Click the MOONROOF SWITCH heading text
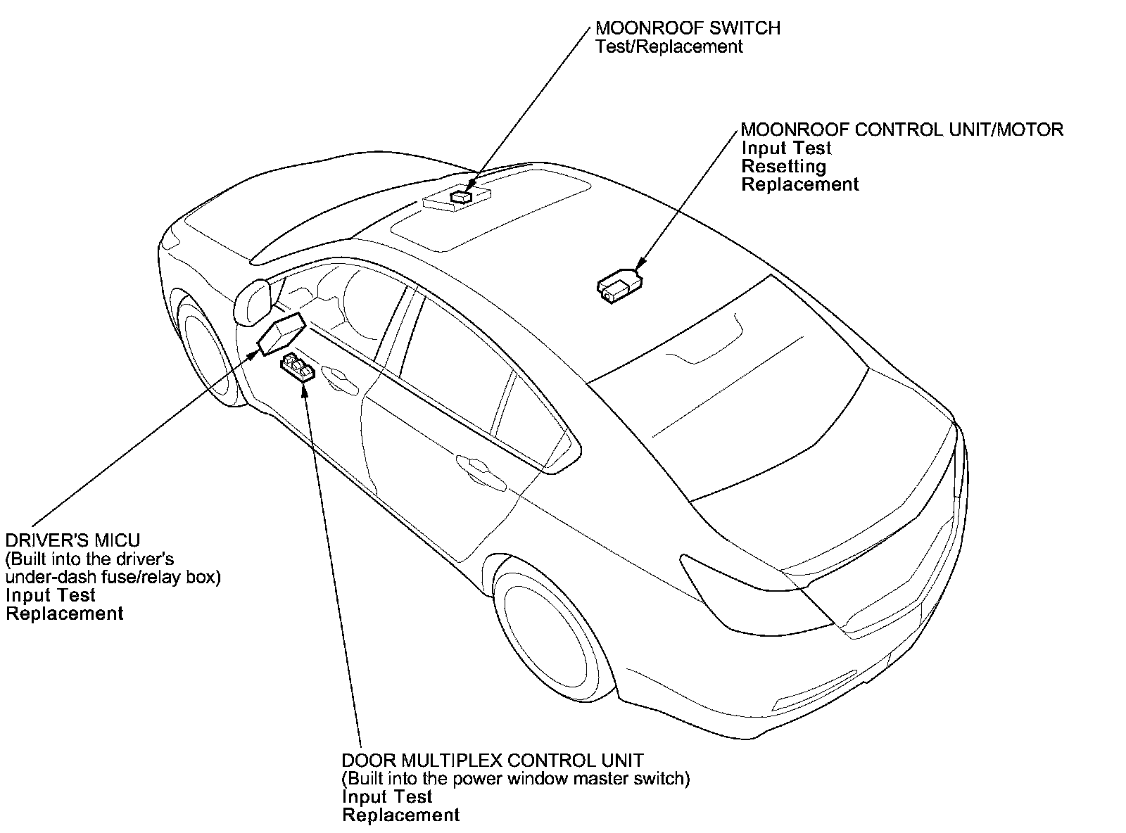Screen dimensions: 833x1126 coord(688,29)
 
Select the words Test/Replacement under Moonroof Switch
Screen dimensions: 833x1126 coord(669,47)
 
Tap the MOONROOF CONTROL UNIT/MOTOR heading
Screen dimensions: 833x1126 coord(902,129)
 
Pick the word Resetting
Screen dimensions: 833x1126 coord(783,167)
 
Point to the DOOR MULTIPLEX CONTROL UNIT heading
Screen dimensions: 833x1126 coord(492,761)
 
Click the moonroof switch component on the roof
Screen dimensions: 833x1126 coord(461,196)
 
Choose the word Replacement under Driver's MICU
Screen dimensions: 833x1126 coord(65,613)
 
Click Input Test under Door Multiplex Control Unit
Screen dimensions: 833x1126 coord(387,797)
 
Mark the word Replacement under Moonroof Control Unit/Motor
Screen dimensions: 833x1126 coord(800,185)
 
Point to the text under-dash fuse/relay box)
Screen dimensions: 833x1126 coord(113,577)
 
